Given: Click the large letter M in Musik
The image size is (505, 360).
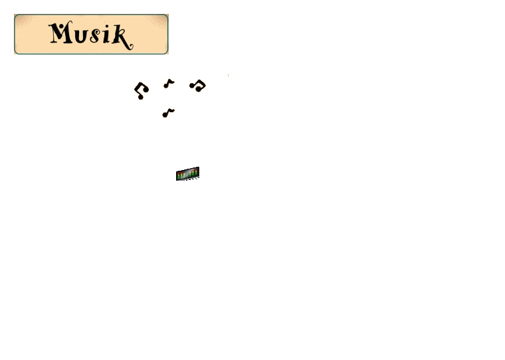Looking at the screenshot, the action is tap(60, 32).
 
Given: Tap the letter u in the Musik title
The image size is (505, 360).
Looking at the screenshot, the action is tap(81, 35).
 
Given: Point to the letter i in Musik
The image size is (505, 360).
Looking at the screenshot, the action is tap(106, 35).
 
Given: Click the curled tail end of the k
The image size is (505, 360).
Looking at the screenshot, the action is tap(131, 48).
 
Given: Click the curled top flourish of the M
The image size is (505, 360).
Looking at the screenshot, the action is tap(69, 22).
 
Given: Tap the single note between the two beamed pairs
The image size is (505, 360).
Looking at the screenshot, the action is tap(169, 84).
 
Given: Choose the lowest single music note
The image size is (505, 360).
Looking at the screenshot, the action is tap(168, 113).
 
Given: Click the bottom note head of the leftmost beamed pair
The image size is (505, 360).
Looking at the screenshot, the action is tap(140, 97).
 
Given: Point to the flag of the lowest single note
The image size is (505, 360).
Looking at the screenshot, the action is tap(171, 111).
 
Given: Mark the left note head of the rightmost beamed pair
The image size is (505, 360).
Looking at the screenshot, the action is tap(192, 86).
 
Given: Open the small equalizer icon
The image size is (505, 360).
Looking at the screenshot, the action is tap(188, 174).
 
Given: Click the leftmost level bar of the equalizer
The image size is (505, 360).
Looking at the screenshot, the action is tap(179, 175).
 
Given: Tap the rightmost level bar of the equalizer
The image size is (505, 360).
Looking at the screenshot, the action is tap(197, 172).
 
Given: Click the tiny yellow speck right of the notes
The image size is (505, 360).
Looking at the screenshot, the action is tap(228, 75).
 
